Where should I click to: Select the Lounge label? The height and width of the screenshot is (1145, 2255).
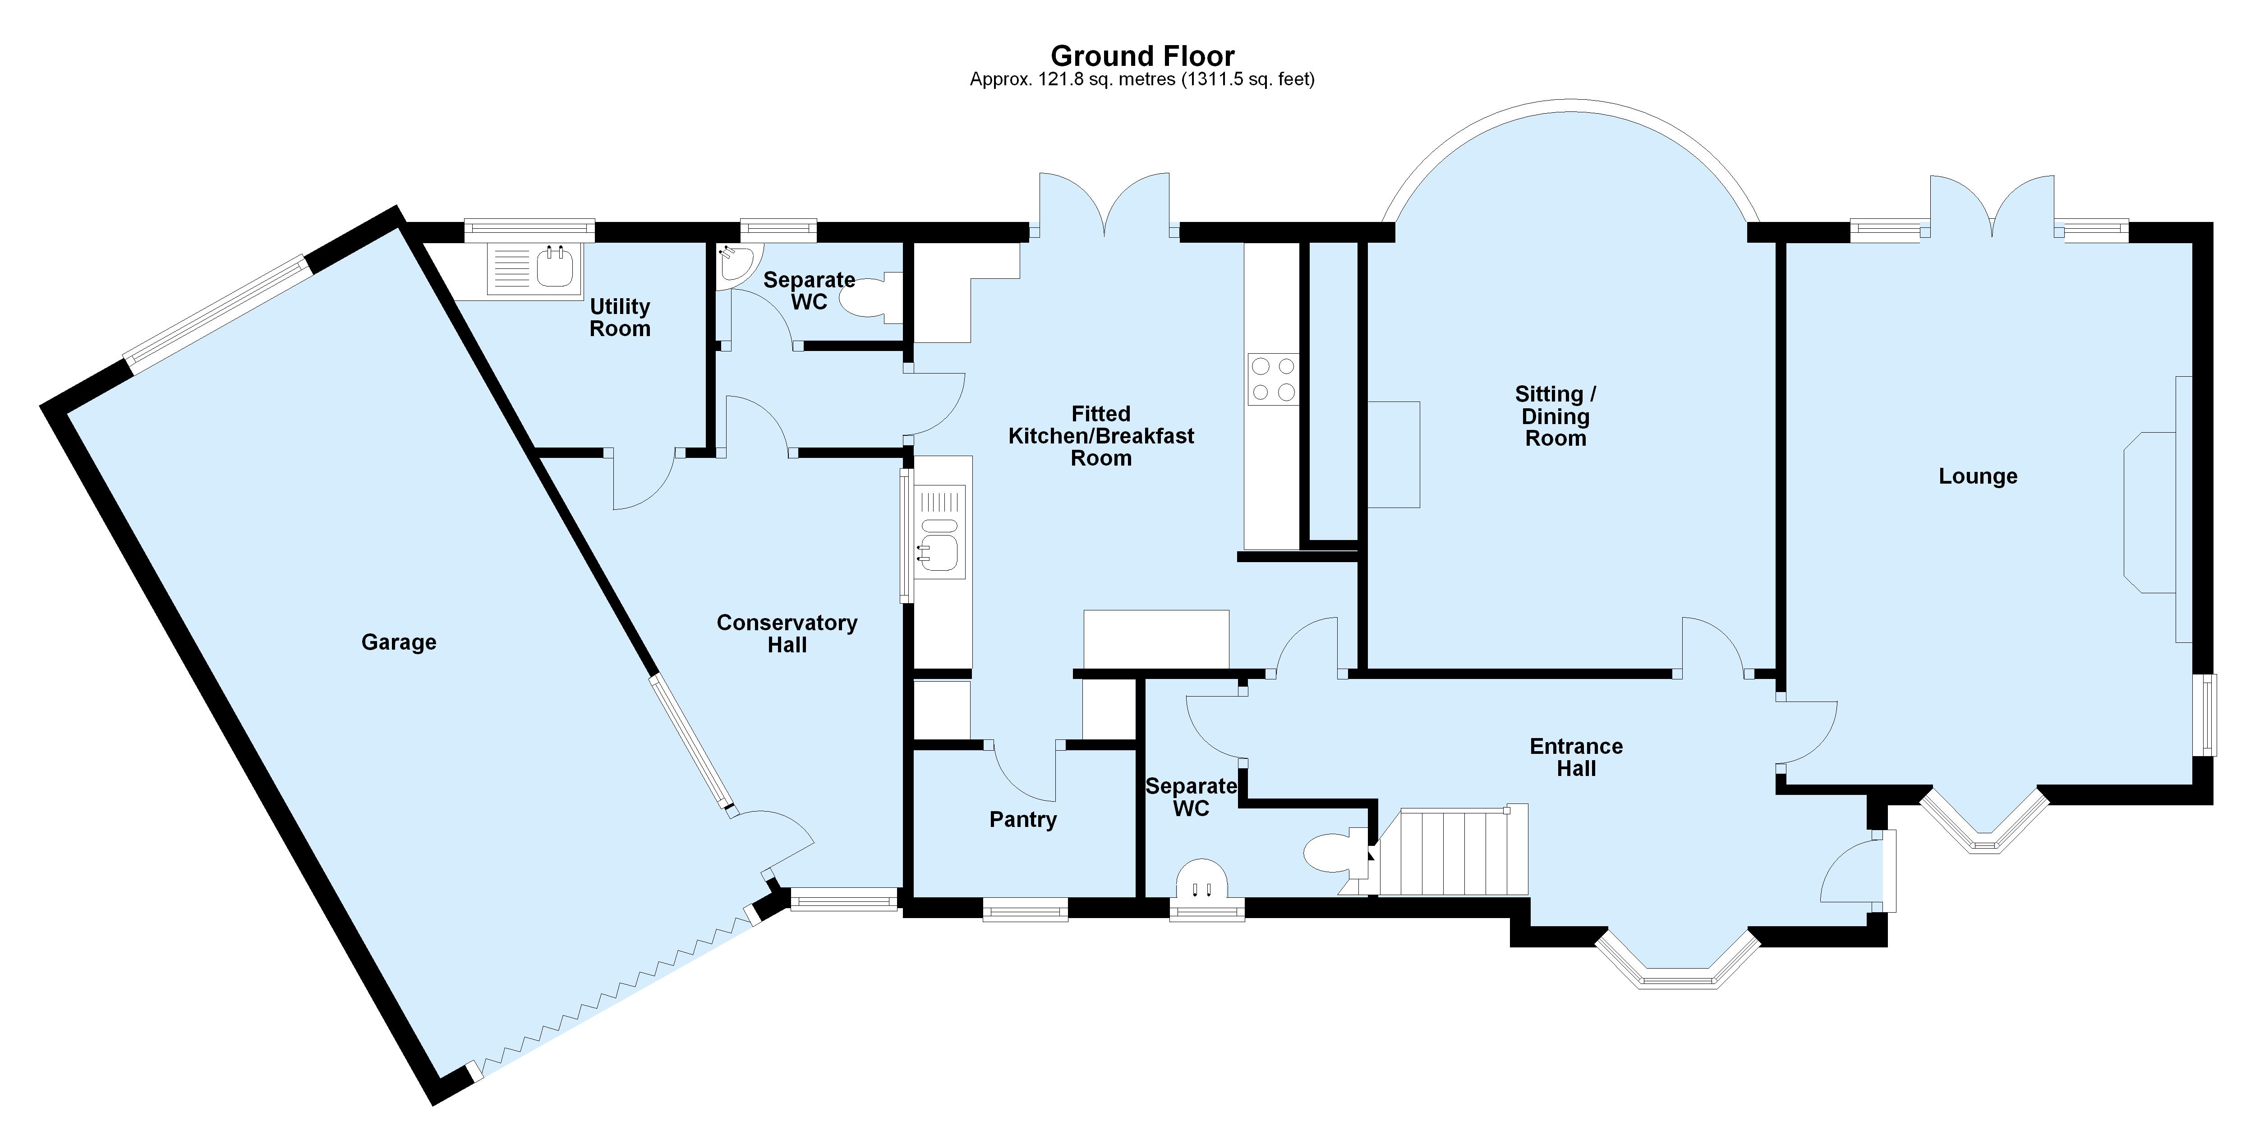pos(1978,476)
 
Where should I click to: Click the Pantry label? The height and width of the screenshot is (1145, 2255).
pos(1022,819)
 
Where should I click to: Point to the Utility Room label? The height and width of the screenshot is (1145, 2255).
pos(620,318)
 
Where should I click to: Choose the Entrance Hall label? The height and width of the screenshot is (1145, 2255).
pos(1576,757)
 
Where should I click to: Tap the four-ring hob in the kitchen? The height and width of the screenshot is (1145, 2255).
pos(1273,379)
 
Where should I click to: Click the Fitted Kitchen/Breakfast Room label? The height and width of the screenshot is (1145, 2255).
pos(1100,436)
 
